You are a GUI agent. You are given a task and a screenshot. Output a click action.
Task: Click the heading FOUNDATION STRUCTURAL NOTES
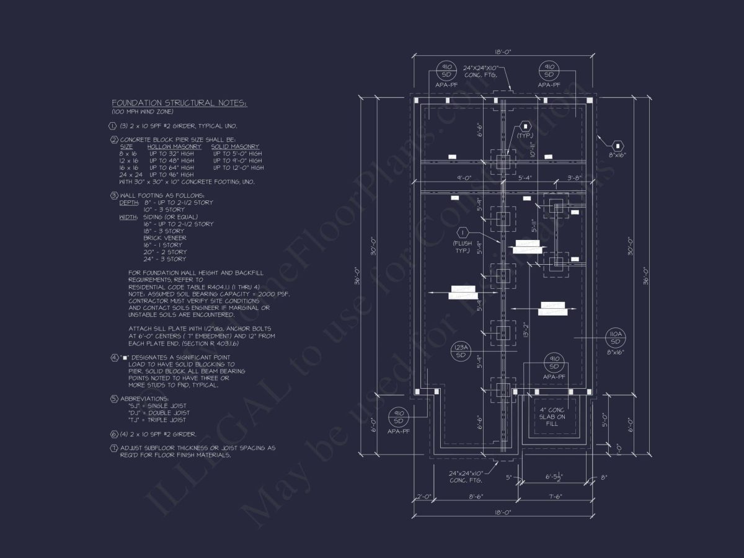coord(179,103)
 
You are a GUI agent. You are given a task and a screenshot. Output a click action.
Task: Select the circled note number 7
coord(114,448)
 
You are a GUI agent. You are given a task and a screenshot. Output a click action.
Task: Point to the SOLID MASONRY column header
coord(236,146)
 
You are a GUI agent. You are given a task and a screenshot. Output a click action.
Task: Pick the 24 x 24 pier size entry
coord(129,175)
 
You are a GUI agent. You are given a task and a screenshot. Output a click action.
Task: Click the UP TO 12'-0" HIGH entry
coord(238,167)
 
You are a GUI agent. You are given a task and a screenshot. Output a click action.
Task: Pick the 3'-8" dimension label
coord(575,178)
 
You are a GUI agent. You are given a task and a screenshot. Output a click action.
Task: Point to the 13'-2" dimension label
coord(525,330)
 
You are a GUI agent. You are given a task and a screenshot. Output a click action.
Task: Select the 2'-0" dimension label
coord(423,496)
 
